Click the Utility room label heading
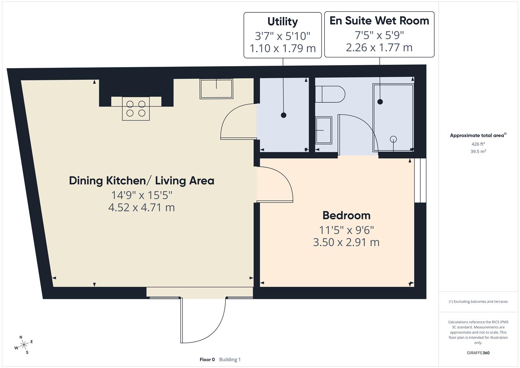282,21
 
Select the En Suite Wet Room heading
379,21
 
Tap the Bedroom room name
346,215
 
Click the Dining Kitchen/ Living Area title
141,181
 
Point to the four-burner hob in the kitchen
136,109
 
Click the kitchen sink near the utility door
216,89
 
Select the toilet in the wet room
330,94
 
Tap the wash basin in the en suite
324,130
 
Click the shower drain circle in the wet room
393,139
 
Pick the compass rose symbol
24,345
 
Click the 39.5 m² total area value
478,152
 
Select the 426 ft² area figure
478,144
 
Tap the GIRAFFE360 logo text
478,353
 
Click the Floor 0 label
207,359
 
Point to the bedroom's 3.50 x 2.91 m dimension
346,242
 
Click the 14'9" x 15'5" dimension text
142,195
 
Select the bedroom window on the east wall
420,181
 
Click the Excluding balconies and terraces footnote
478,302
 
